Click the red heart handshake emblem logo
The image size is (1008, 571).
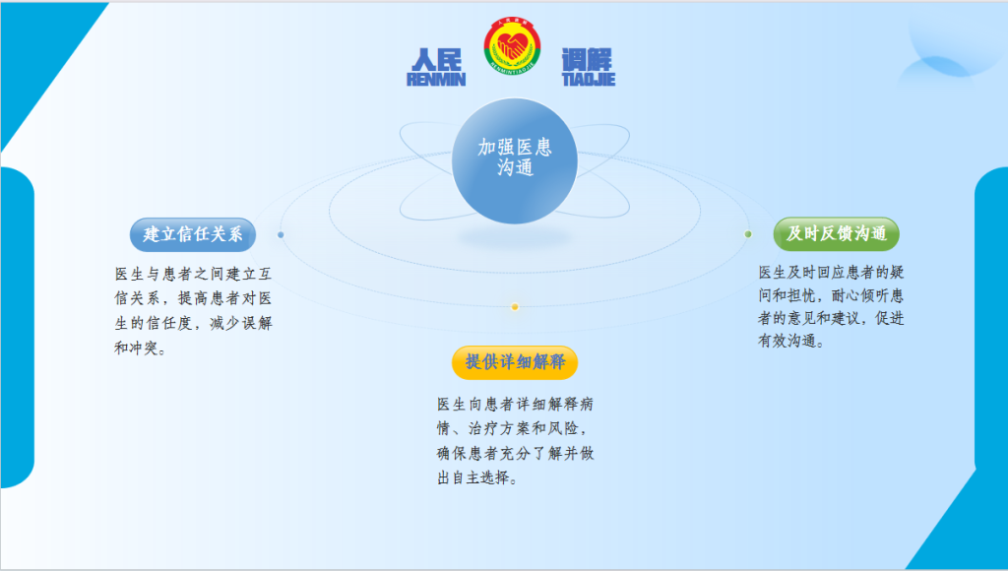point(512,45)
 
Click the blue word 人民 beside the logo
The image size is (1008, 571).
point(436,60)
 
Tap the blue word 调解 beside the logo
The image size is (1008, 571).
point(587,60)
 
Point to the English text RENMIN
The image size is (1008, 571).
point(436,79)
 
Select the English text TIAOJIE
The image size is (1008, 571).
point(589,79)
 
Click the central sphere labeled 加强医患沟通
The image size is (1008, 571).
point(514,160)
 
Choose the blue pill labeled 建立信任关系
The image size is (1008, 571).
point(193,234)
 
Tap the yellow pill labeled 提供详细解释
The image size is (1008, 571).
point(515,362)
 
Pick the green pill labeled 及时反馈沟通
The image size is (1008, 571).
point(837,233)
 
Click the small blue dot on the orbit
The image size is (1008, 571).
point(281,234)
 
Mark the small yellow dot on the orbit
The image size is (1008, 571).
point(514,307)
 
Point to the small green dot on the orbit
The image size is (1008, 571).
point(748,234)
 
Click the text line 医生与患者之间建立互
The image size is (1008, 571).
point(194,274)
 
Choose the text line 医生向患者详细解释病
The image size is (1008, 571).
point(516,404)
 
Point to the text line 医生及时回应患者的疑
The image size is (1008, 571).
point(831,272)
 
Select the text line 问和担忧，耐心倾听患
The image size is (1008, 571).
point(831,295)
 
